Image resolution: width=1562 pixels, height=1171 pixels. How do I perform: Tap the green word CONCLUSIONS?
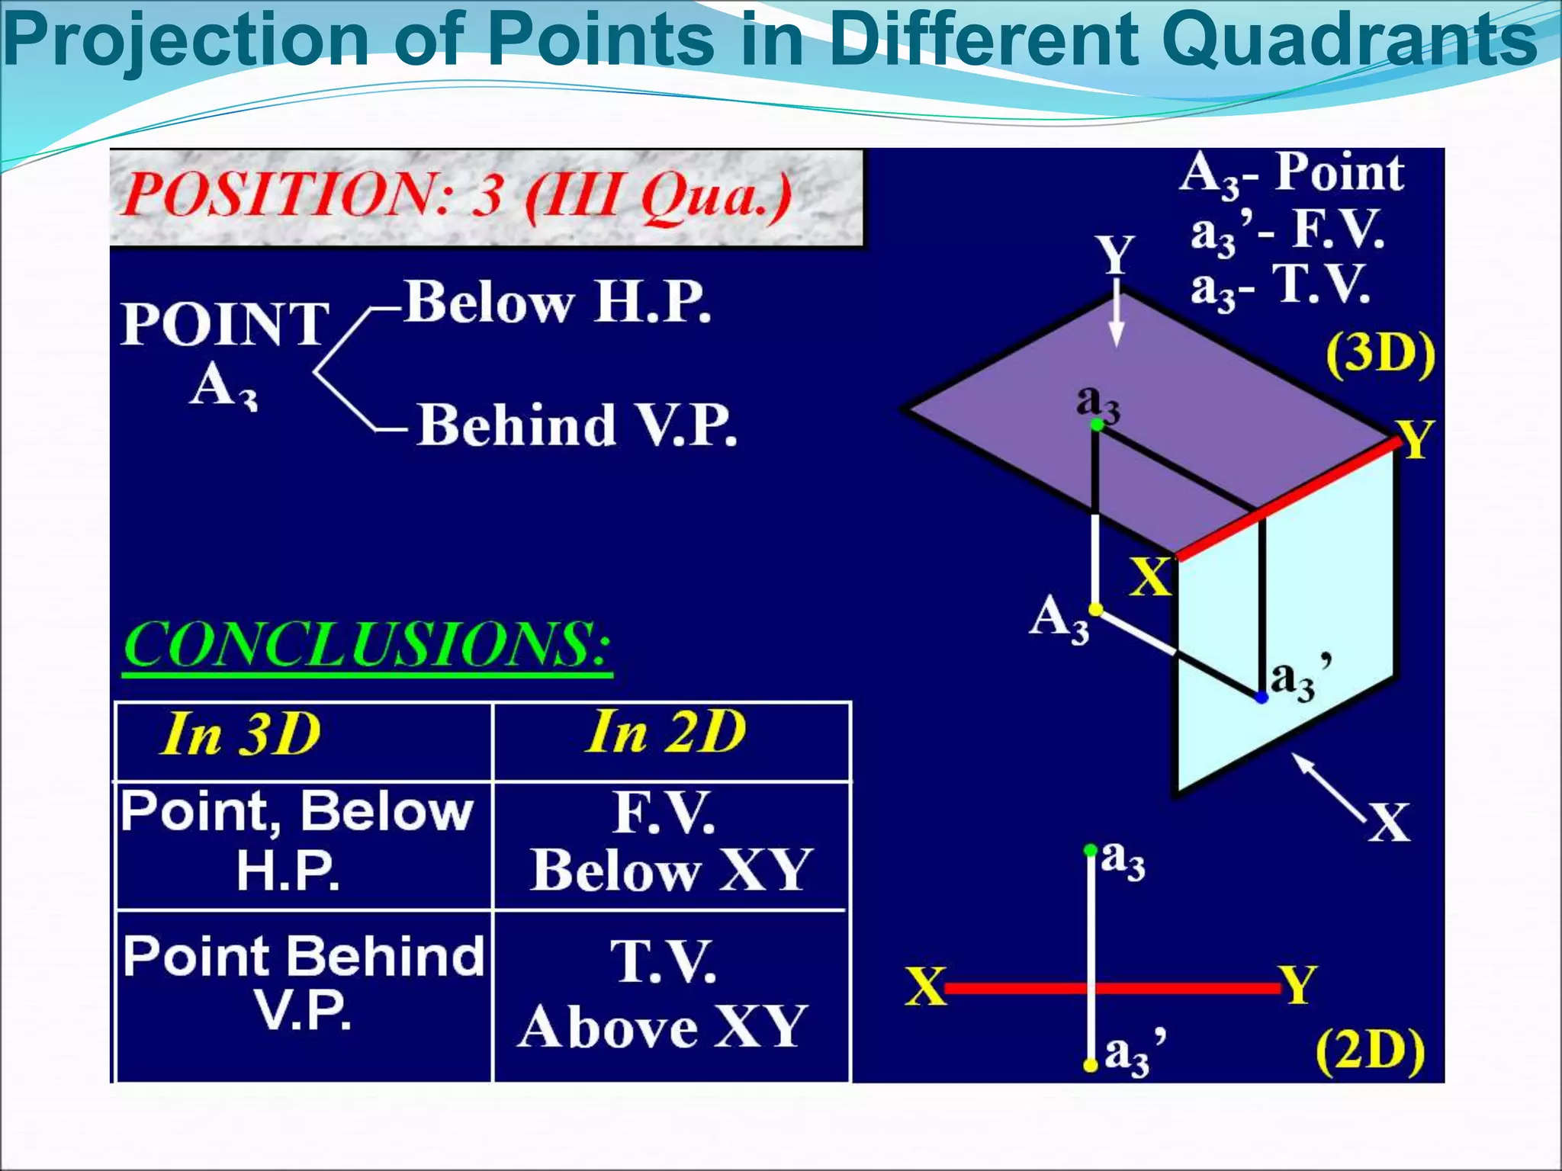coord(367,645)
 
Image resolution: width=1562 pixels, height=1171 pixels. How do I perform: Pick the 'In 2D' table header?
coord(666,733)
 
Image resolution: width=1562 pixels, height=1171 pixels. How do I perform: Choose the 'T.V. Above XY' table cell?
coord(662,995)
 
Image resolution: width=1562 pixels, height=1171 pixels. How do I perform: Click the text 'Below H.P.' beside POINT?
coord(558,302)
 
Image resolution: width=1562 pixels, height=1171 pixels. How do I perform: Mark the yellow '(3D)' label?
coord(1380,355)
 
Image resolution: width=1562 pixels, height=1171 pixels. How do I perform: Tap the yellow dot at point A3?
coord(1095,610)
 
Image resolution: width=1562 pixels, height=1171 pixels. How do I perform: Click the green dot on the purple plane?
coord(1097,425)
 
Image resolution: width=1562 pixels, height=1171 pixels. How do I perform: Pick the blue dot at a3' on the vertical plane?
coord(1261,697)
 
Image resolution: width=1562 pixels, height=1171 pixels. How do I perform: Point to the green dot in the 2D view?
coord(1091,850)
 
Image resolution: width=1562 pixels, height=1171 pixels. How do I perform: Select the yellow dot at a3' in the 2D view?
coord(1091,1065)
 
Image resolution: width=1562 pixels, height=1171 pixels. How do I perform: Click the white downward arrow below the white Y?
coord(1117,320)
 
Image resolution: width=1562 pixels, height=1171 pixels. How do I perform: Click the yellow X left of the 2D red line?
coord(925,987)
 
